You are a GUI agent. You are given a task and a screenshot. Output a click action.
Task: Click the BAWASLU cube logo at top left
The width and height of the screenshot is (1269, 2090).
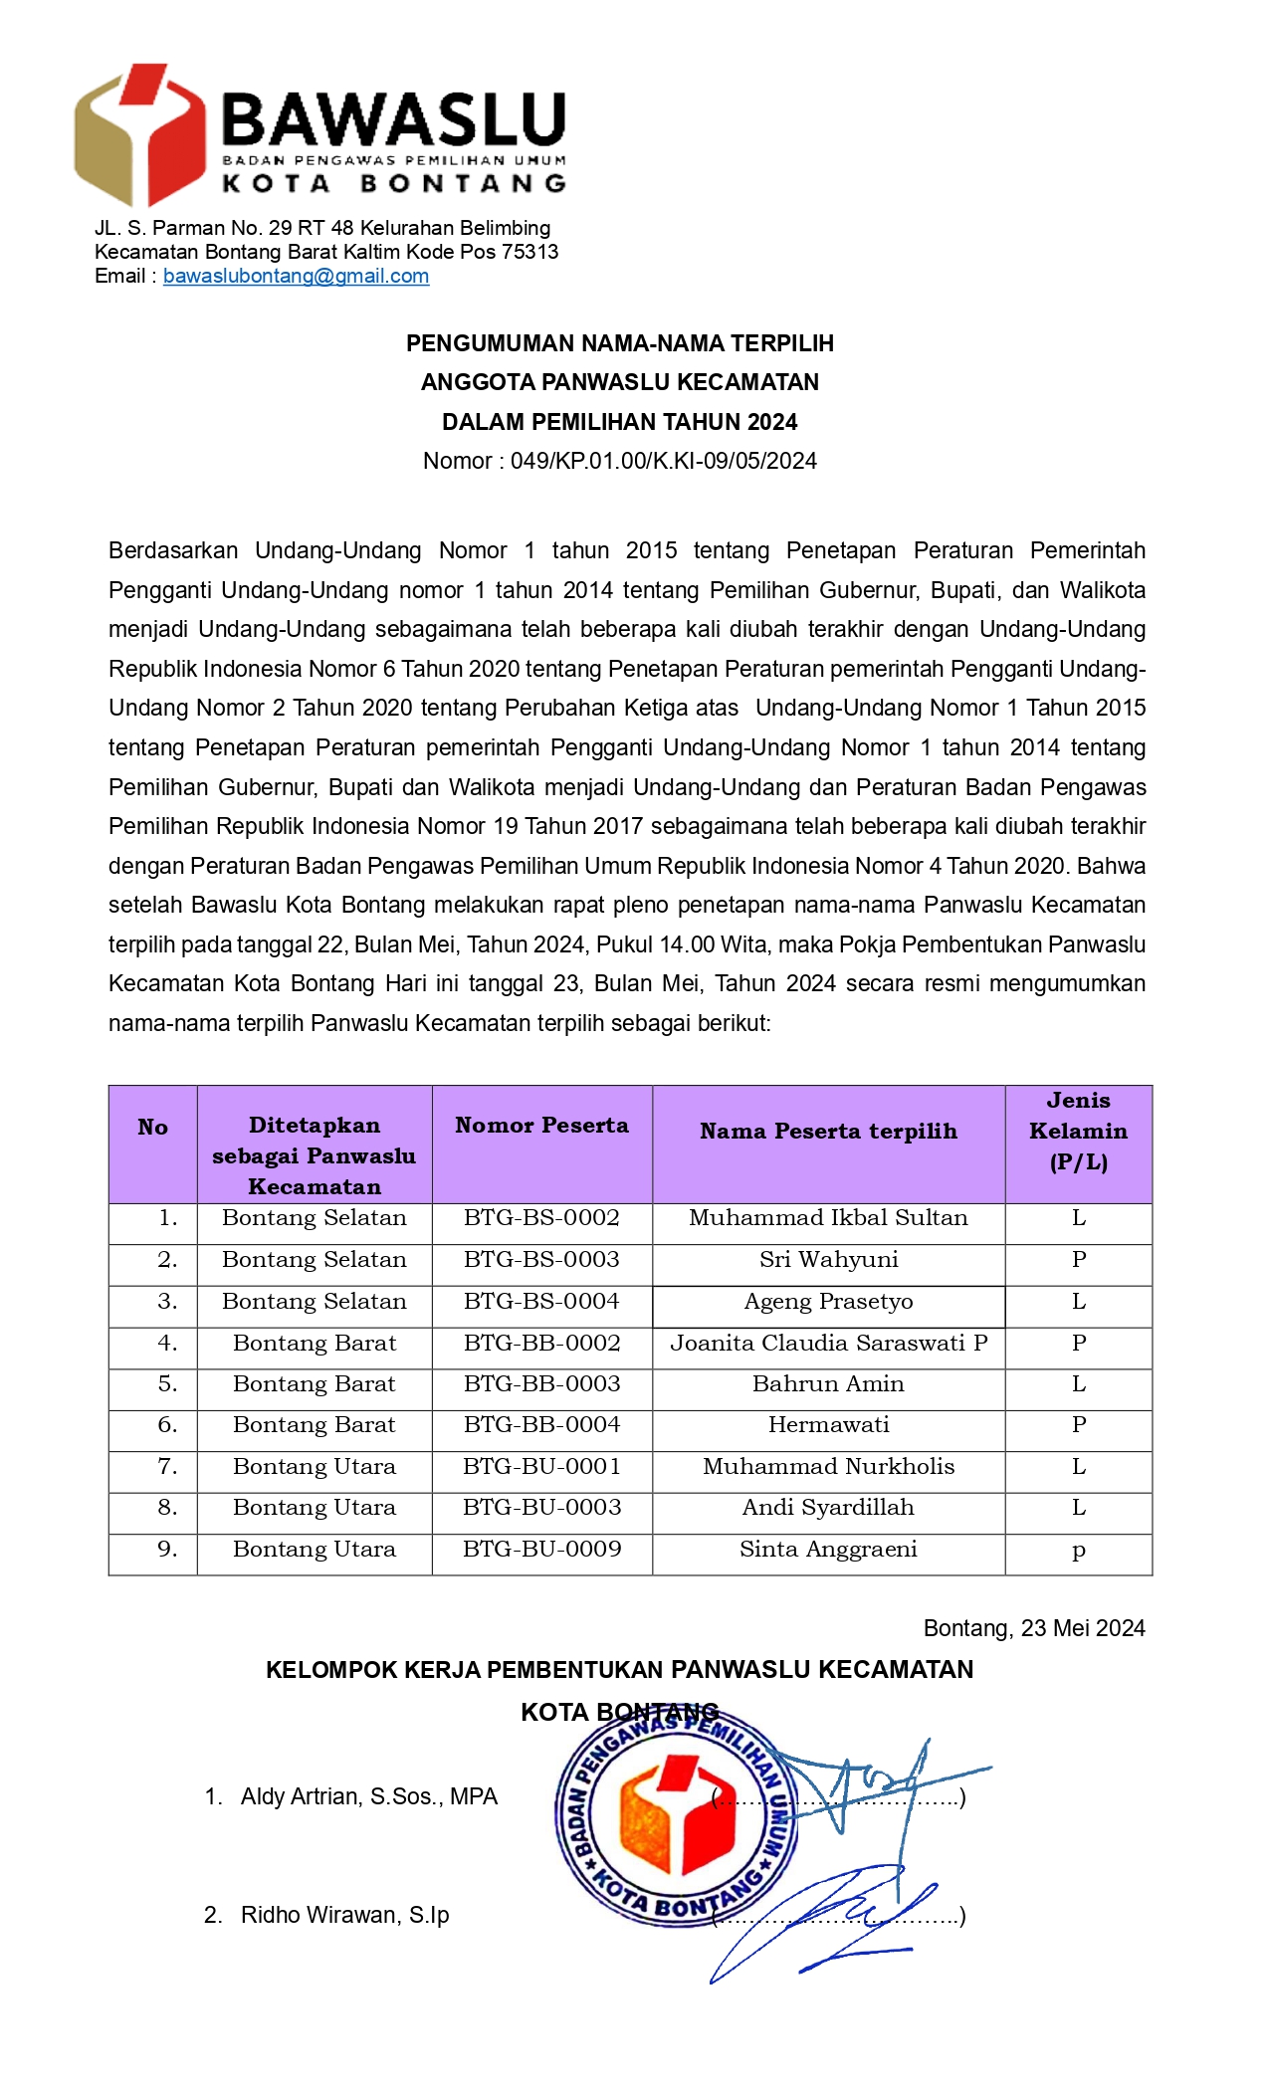138,134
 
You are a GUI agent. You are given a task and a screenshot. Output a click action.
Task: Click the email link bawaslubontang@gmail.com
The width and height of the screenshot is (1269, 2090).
296,277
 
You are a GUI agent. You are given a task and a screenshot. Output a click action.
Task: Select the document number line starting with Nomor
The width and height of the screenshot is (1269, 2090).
619,461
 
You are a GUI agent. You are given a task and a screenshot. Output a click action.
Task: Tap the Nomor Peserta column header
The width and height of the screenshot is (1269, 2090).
541,1126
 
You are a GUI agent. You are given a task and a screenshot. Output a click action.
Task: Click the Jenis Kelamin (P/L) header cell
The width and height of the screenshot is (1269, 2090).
1078,1132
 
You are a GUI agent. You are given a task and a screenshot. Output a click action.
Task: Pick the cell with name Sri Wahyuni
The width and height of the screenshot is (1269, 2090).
828,1260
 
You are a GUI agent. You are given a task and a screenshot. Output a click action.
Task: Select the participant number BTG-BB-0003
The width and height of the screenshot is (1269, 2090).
541,1384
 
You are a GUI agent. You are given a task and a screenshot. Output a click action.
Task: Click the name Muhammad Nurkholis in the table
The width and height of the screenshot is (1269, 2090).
828,1467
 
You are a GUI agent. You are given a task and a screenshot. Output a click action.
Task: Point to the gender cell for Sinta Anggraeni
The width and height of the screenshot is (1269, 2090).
1078,1552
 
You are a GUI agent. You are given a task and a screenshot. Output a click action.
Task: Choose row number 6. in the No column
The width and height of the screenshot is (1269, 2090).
167,1425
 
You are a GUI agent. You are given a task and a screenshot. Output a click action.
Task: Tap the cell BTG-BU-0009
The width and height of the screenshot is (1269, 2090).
541,1550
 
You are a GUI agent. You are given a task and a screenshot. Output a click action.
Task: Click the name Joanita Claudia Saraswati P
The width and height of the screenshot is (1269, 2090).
828,1344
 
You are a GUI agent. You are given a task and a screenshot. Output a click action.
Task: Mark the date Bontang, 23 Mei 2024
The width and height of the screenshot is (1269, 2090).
1033,1628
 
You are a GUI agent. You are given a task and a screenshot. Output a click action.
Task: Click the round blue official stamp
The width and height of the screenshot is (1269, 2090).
677,1817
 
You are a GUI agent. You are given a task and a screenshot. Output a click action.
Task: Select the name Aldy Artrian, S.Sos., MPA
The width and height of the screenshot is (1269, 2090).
368,1796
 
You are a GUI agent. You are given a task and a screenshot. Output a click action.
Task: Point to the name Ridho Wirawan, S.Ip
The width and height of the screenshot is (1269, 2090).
344,1915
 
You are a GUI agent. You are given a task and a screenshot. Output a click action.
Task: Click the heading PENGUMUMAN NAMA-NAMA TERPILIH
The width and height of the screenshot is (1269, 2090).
619,343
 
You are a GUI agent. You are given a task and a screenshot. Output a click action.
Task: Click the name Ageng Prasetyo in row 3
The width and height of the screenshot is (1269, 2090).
828,1302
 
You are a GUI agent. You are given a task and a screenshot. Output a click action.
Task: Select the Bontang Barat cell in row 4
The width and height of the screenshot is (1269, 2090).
314,1344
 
